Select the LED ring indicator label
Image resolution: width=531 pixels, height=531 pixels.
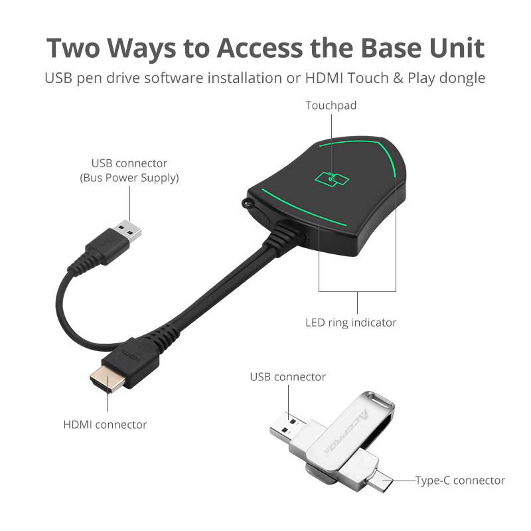tap(360, 323)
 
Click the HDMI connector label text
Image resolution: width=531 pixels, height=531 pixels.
tap(105, 423)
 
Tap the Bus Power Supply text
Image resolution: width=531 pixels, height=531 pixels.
tap(129, 178)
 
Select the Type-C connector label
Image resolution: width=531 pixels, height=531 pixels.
tap(460, 480)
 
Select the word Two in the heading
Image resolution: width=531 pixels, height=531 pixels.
tap(75, 48)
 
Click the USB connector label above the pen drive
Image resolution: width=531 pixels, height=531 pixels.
tap(287, 377)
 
